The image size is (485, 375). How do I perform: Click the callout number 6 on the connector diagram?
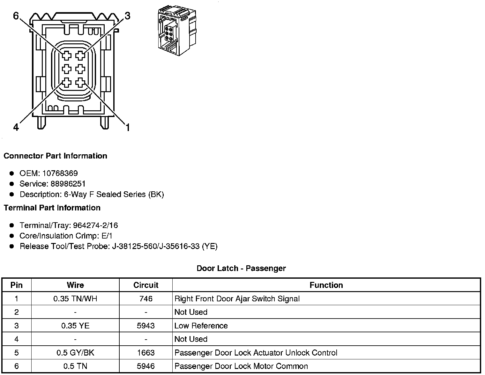pos(16,16)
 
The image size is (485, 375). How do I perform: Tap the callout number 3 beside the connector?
pos(127,16)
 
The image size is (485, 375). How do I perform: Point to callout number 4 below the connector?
pos(16,128)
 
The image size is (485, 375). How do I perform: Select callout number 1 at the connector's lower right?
pos(128,128)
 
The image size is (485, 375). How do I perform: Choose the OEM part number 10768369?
pos(60,173)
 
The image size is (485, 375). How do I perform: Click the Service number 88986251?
pos(68,184)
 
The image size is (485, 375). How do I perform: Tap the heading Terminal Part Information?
pos(52,208)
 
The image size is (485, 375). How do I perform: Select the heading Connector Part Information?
pos(55,156)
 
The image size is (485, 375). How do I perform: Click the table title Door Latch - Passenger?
pos(241,268)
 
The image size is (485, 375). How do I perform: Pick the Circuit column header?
pos(146,285)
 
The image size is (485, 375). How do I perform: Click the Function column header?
pos(326,285)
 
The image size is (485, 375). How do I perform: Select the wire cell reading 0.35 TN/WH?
pos(75,299)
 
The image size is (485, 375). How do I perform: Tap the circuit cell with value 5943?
pos(146,326)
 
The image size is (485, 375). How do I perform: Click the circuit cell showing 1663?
pos(146,353)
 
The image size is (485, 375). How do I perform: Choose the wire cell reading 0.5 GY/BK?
pos(75,353)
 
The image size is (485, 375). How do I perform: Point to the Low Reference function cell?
pos(201,326)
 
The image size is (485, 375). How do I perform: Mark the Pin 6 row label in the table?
pos(17,366)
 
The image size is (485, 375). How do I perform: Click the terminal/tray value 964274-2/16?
pos(95,225)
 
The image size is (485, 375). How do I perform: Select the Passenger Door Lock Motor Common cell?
pos(241,366)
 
